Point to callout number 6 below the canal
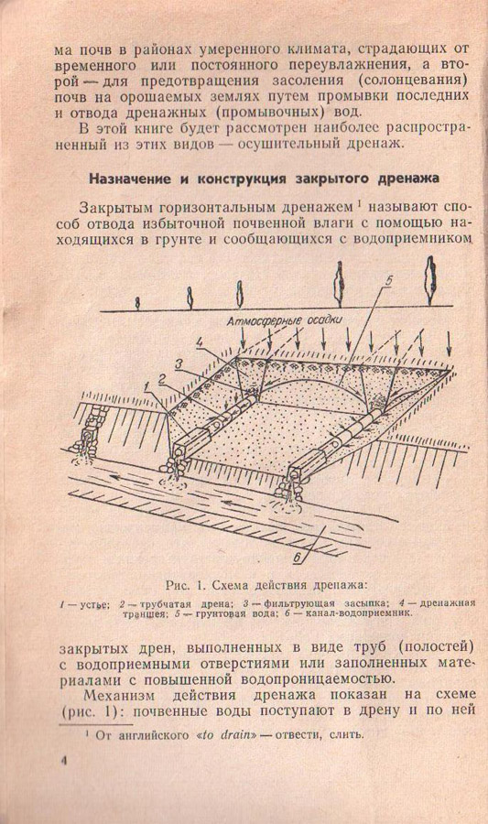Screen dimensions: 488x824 pos(298,557)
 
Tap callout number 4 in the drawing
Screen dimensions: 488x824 pos(199,343)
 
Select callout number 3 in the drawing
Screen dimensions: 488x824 pos(178,363)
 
